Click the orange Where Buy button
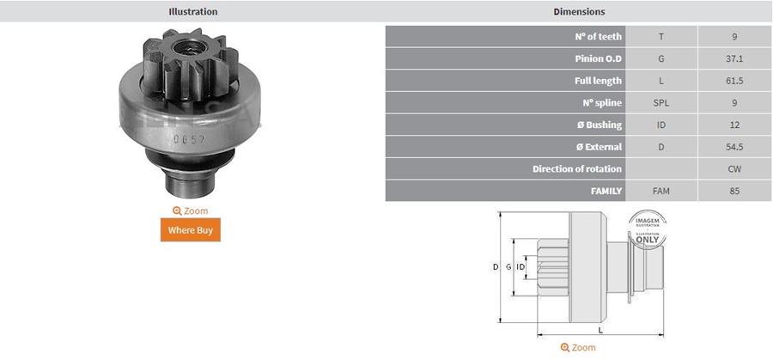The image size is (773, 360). [x=191, y=229]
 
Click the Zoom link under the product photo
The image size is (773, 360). [x=191, y=211]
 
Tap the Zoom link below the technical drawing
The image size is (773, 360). [x=578, y=348]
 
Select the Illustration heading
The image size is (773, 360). [x=192, y=11]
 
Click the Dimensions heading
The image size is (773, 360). [x=579, y=11]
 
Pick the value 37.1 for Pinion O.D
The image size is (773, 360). [x=734, y=58]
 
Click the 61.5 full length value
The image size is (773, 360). [x=734, y=81]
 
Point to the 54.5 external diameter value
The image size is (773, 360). [x=734, y=147]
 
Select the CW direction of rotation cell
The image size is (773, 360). [x=734, y=168]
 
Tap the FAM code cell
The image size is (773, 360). [x=661, y=191]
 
